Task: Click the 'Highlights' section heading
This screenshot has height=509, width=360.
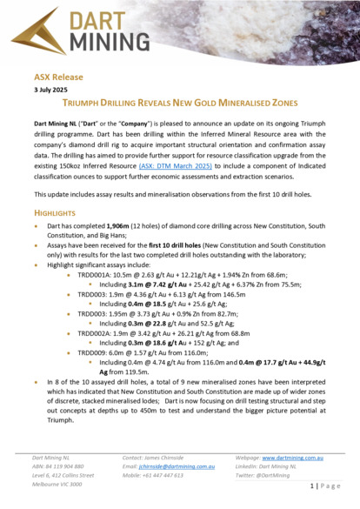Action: (x=57, y=211)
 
